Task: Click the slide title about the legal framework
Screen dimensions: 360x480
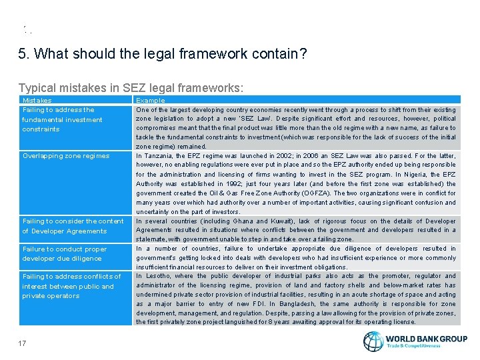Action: (163, 54)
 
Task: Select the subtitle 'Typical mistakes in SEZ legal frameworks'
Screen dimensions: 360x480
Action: (131, 88)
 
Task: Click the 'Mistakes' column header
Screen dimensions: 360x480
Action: (37, 101)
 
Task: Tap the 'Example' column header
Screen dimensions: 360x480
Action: (150, 101)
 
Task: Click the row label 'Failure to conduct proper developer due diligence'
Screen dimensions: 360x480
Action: (65, 253)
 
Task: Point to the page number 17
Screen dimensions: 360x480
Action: (23, 343)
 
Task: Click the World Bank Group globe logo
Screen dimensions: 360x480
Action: (373, 341)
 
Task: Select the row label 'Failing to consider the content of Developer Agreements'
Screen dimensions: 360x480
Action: (73, 226)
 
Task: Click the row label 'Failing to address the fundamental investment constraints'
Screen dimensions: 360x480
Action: (62, 119)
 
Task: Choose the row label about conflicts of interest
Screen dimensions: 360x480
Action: (71, 286)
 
